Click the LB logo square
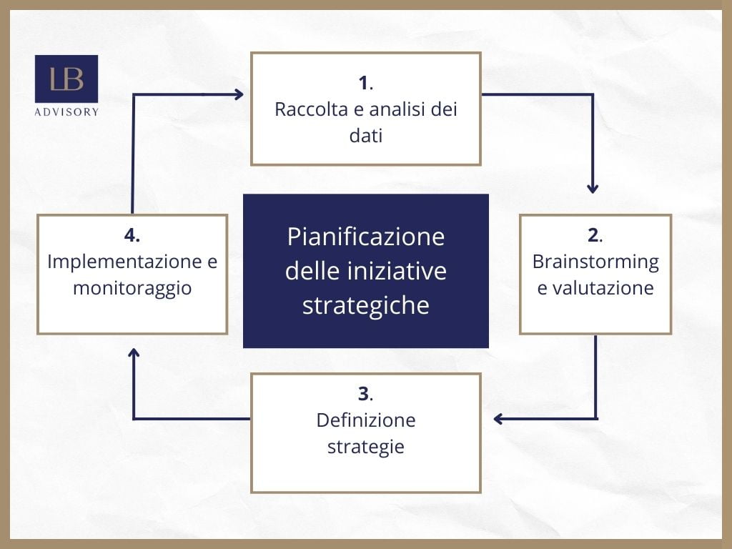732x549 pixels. pos(66,79)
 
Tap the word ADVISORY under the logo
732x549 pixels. pos(66,112)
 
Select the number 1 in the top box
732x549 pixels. pos(364,84)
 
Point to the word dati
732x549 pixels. pos(366,136)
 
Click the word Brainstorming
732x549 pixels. pos(595,262)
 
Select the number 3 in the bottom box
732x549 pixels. pos(363,394)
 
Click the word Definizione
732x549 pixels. pos(366,420)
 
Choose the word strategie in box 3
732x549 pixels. pos(366,447)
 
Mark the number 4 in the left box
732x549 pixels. pos(131,235)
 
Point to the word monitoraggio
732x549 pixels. pos(132,288)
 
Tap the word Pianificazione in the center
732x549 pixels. pos(366,237)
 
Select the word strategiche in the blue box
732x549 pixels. pos(366,305)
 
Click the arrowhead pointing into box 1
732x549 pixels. pos(238,94)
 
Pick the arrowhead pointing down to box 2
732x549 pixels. pos(593,188)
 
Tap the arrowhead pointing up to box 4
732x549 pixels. pos(134,353)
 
